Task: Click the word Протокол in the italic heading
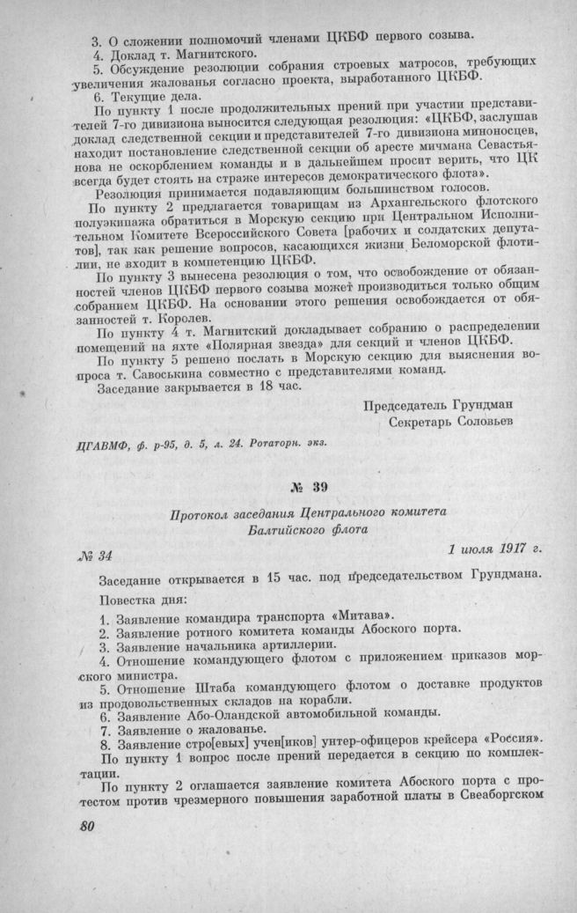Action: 204,512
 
